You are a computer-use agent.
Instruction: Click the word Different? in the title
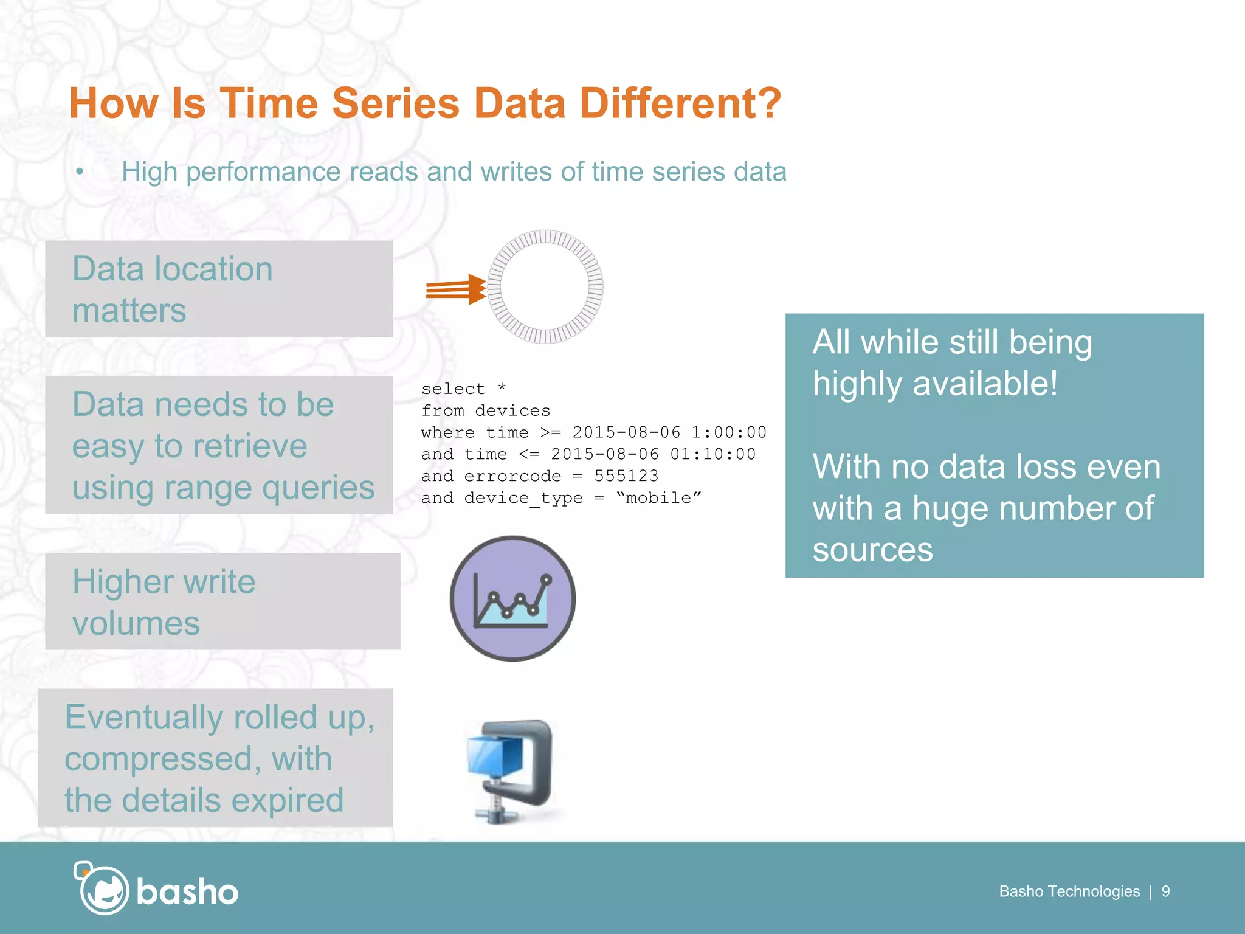pyautogui.click(x=680, y=103)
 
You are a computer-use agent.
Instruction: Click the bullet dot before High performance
pyautogui.click(x=80, y=172)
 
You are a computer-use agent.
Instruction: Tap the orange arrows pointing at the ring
pyautogui.click(x=455, y=289)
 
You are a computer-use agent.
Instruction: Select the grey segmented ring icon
pyautogui.click(x=545, y=287)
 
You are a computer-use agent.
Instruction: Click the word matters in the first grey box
pyautogui.click(x=129, y=311)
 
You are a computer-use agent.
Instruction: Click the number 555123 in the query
pyautogui.click(x=626, y=476)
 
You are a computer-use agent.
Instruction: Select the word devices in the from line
pyautogui.click(x=512, y=411)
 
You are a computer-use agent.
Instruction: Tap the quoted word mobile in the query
pyautogui.click(x=659, y=498)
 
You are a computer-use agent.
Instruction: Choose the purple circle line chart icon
pyautogui.click(x=512, y=598)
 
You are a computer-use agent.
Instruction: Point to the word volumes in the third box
pyautogui.click(x=136, y=624)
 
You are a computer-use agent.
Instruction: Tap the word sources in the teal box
pyautogui.click(x=872, y=550)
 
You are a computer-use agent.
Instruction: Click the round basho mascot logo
pyautogui.click(x=103, y=890)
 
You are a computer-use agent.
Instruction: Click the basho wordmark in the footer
pyautogui.click(x=187, y=893)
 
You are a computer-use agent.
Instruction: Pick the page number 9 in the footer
pyautogui.click(x=1165, y=891)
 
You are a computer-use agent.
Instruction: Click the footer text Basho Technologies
pyautogui.click(x=1069, y=891)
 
